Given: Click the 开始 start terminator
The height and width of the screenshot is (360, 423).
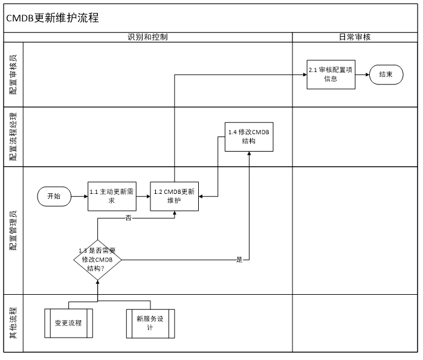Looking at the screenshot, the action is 54,196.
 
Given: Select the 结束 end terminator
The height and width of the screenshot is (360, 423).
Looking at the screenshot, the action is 386,75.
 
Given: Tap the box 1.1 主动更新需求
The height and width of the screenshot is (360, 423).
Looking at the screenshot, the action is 112,196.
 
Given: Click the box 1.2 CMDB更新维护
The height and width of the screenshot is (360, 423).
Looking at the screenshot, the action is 174,196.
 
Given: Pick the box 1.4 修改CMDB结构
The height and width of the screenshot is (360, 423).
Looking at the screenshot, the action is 249,137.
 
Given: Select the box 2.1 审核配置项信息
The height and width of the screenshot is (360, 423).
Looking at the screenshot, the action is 331,74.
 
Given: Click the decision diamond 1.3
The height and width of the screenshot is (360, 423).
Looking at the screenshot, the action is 97,260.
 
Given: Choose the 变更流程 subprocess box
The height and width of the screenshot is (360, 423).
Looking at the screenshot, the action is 68,323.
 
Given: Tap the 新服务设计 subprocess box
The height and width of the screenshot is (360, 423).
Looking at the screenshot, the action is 150,324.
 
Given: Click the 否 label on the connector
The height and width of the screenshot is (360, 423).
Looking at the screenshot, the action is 128,218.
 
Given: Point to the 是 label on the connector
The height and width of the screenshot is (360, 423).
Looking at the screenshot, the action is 239,260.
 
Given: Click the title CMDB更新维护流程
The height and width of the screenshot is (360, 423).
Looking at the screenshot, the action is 53,18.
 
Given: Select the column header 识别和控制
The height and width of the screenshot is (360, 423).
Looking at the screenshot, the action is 147,37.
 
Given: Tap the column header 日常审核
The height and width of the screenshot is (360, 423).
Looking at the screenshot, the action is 355,37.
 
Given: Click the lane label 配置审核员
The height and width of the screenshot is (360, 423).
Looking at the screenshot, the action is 13,74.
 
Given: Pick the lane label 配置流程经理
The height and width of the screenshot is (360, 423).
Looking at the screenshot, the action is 13,137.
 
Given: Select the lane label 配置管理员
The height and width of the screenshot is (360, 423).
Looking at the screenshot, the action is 13,230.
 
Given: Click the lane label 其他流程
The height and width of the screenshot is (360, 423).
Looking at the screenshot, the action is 13,323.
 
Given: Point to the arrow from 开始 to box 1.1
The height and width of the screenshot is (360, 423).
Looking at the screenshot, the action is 79,196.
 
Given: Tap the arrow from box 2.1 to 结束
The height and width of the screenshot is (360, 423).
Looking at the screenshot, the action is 363,75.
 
